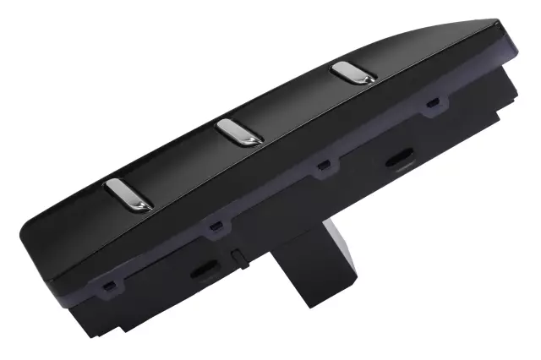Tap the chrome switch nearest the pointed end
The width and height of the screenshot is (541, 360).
pos(353,73)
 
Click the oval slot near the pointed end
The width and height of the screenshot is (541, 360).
pos(398,159)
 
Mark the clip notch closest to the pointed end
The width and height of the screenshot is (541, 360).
pos(433,103)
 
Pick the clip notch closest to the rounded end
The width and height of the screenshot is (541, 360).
pos(108,286)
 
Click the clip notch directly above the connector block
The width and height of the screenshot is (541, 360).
pos(322,166)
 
